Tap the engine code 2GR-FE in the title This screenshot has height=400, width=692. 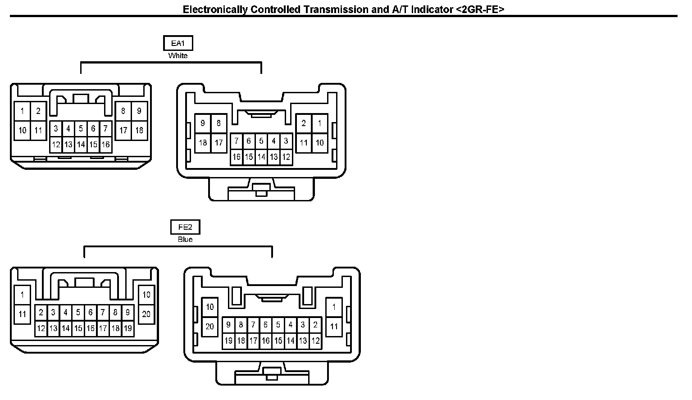[x=480, y=9]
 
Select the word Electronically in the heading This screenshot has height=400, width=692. [x=215, y=9]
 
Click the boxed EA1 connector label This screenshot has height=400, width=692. [x=178, y=43]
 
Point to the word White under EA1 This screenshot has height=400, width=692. [x=178, y=56]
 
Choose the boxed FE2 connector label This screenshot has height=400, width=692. [x=185, y=227]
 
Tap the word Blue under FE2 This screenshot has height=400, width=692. [x=185, y=240]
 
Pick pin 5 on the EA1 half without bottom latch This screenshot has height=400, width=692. [x=81, y=129]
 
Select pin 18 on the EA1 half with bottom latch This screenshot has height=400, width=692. [x=203, y=143]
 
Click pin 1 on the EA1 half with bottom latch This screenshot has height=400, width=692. [x=319, y=123]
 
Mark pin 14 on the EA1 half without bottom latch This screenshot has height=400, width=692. [x=81, y=145]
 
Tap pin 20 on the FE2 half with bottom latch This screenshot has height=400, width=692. [x=209, y=326]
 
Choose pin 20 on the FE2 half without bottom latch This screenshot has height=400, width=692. [x=146, y=314]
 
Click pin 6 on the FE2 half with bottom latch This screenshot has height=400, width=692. [x=266, y=325]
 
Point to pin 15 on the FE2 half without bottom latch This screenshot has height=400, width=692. [x=78, y=328]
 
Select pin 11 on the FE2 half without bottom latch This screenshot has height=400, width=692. [x=23, y=314]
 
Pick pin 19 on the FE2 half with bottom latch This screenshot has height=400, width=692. [x=228, y=341]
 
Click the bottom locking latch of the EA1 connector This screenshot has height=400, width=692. [x=260, y=189]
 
